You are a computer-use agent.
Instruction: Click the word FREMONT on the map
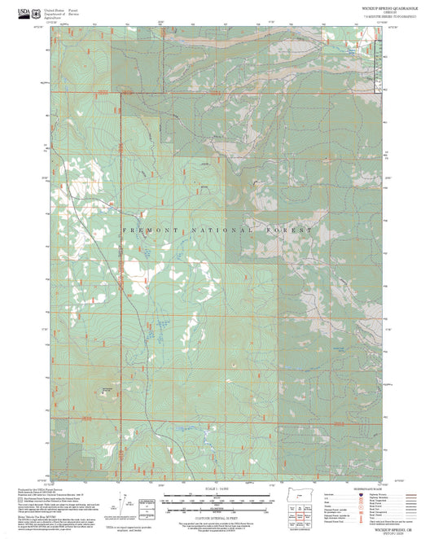[146, 231]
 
